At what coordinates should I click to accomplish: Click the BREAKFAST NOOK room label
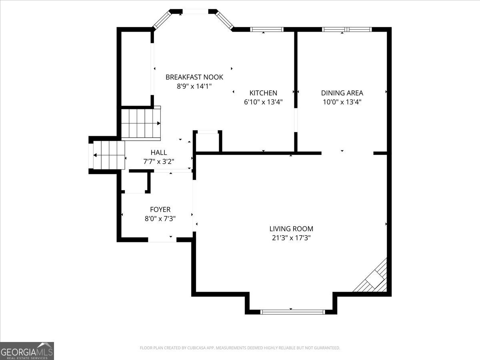[194, 77]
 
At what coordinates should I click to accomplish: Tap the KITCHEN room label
[263, 93]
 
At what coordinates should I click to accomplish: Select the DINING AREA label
[342, 93]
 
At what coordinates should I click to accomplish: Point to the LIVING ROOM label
[291, 229]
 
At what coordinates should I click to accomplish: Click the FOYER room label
[160, 210]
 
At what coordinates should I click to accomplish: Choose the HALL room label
[159, 152]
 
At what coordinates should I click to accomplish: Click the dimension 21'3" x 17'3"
[291, 238]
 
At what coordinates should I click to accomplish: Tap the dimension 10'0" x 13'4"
[342, 102]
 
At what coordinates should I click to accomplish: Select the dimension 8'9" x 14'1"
[194, 86]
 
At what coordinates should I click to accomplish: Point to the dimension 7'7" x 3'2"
[159, 162]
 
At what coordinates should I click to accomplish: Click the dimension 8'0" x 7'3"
[160, 219]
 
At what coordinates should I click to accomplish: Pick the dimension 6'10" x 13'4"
[263, 102]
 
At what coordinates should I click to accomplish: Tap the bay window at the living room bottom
[292, 312]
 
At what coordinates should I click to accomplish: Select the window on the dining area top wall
[347, 29]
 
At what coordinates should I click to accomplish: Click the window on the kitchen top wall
[267, 29]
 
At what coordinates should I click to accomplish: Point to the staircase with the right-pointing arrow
[141, 123]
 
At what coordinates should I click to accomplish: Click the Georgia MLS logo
[27, 351]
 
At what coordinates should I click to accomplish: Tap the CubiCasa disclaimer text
[240, 348]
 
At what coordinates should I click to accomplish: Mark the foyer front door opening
[162, 240]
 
